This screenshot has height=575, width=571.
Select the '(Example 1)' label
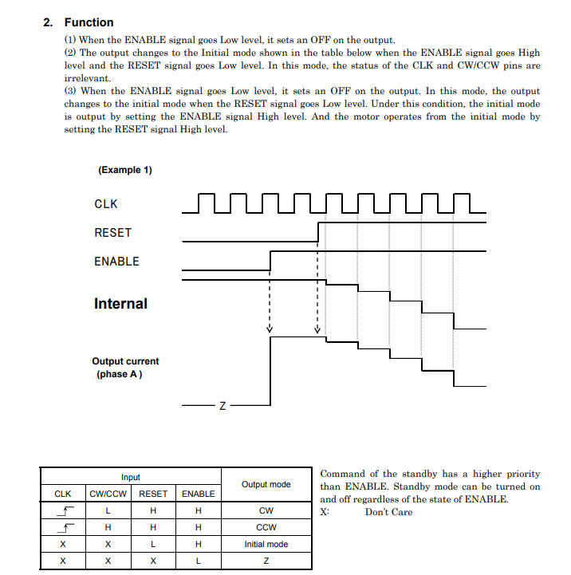coord(125,170)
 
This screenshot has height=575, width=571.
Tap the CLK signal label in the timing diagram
coord(106,204)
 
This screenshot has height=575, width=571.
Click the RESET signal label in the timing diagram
coord(112,233)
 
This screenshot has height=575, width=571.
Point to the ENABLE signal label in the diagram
coord(116,262)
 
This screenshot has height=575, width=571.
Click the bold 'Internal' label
coord(120,304)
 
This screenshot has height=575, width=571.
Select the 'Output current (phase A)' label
coord(125,368)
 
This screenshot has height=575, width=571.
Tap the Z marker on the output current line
coord(222,407)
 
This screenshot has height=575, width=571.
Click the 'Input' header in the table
coord(131,477)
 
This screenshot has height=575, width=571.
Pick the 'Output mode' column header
coord(266,484)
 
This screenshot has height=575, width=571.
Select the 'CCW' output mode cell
coord(266,527)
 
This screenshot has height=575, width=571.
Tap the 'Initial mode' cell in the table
coord(266,544)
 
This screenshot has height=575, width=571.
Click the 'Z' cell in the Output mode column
coord(266,561)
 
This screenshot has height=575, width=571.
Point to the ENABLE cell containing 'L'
coord(198,561)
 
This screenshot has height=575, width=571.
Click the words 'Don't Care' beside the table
coord(388,512)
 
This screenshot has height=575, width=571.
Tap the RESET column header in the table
coord(153,494)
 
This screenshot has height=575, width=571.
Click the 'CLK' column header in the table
coord(62,494)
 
